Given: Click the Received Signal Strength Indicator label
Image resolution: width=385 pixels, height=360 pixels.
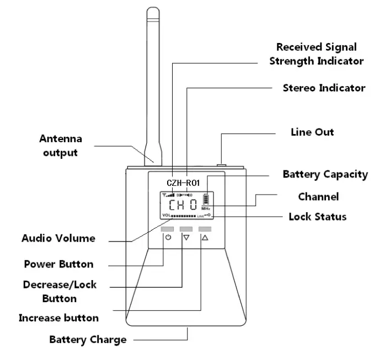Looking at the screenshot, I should coord(316,54).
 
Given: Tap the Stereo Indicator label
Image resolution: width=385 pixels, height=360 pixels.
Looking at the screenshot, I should coord(324,88).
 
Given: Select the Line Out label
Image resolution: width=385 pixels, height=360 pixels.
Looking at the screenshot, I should coord(312,132).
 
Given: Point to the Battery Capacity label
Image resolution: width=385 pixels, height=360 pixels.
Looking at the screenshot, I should coord(325,174).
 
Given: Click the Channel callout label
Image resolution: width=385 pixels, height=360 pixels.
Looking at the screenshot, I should coord(318,197).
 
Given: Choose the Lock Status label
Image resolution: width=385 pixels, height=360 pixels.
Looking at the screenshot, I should coord(318,217).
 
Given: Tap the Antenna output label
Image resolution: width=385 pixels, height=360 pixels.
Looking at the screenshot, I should coord(60,145).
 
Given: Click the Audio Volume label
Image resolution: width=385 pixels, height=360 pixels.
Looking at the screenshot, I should coord(58,238).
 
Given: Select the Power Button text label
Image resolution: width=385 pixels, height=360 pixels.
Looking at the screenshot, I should coord(58,264).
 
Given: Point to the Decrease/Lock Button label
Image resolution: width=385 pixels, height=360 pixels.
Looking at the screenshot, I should coord(60,292).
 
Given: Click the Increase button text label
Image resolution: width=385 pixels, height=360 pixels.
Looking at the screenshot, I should coord(58,318).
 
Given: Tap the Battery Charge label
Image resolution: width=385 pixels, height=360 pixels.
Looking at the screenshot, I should coord(88,340).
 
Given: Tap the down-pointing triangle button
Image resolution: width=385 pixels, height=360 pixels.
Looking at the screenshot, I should coord(186,238).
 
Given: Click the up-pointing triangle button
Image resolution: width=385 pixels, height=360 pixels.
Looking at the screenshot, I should coord(205,238).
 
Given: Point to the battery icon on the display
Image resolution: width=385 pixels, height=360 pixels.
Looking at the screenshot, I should coord(206,199).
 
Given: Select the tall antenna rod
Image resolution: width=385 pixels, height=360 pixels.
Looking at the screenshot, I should coord(153,83).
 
